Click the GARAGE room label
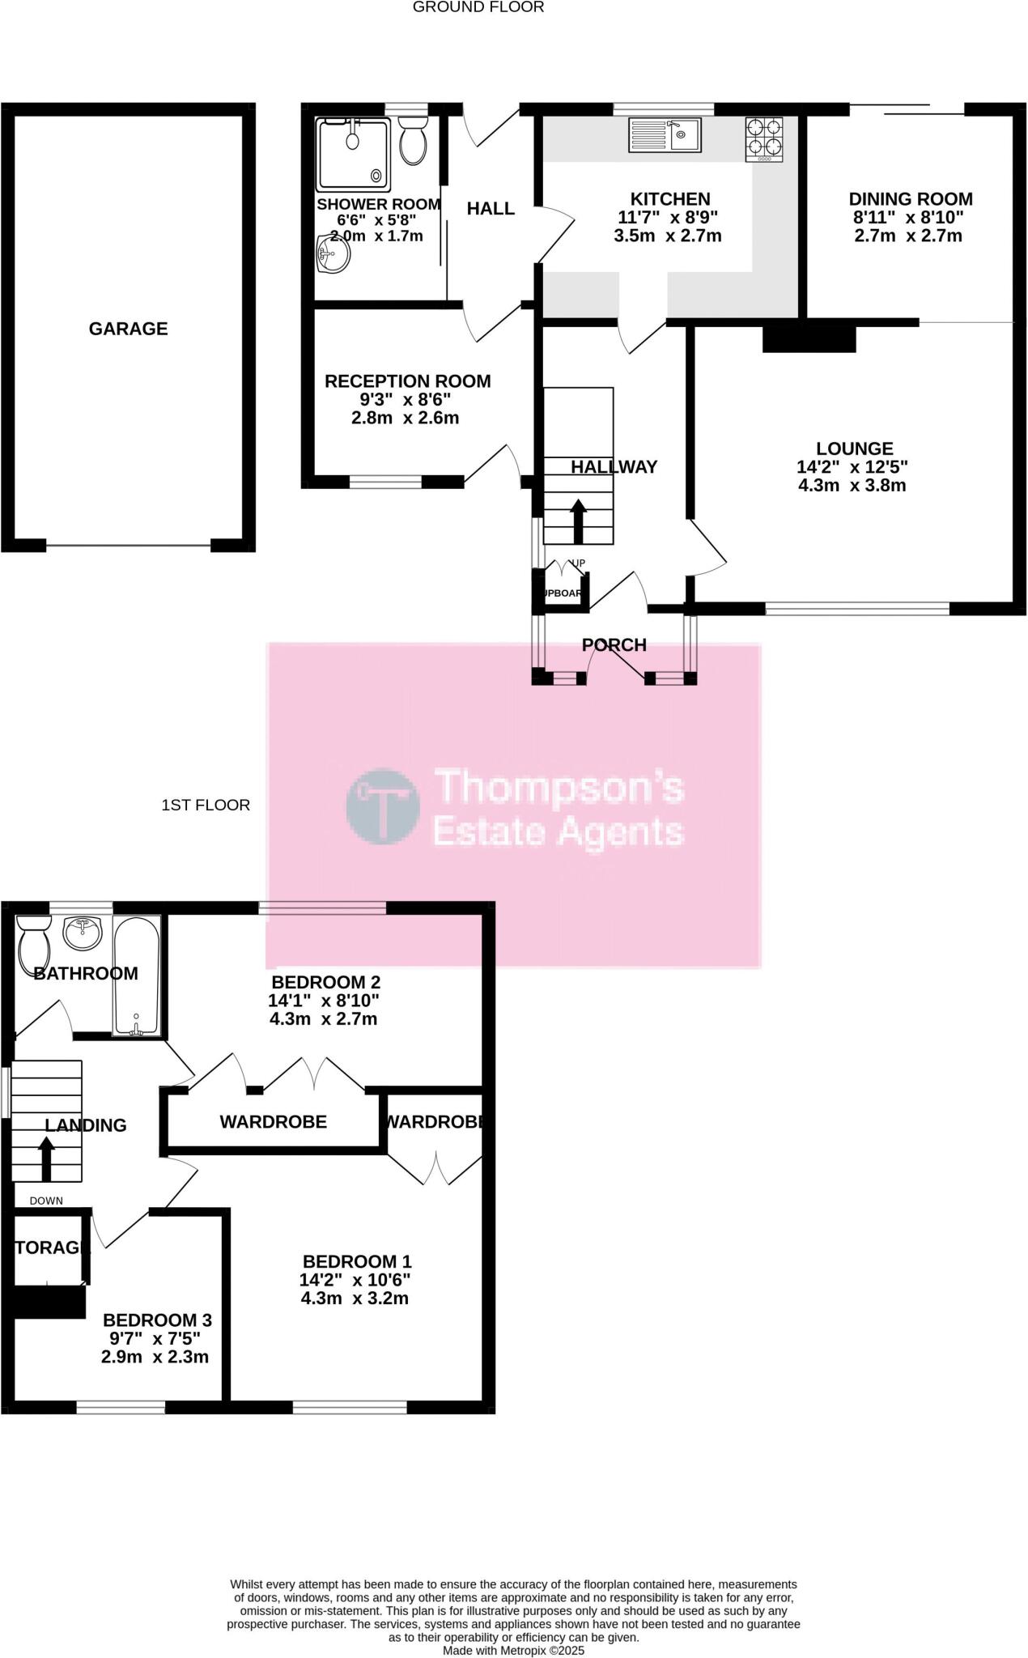coord(128,329)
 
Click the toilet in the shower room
coord(414,139)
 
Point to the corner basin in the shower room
coord(332,254)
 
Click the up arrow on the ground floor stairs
coord(578,521)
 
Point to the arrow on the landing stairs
coord(46,1158)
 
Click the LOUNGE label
coord(854,449)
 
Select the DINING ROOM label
coord(910,199)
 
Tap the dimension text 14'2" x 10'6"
coord(355,1280)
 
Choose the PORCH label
coord(614,645)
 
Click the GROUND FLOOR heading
coord(478,7)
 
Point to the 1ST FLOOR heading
coord(206,805)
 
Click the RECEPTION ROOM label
coord(407,381)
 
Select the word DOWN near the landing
coord(46,1201)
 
